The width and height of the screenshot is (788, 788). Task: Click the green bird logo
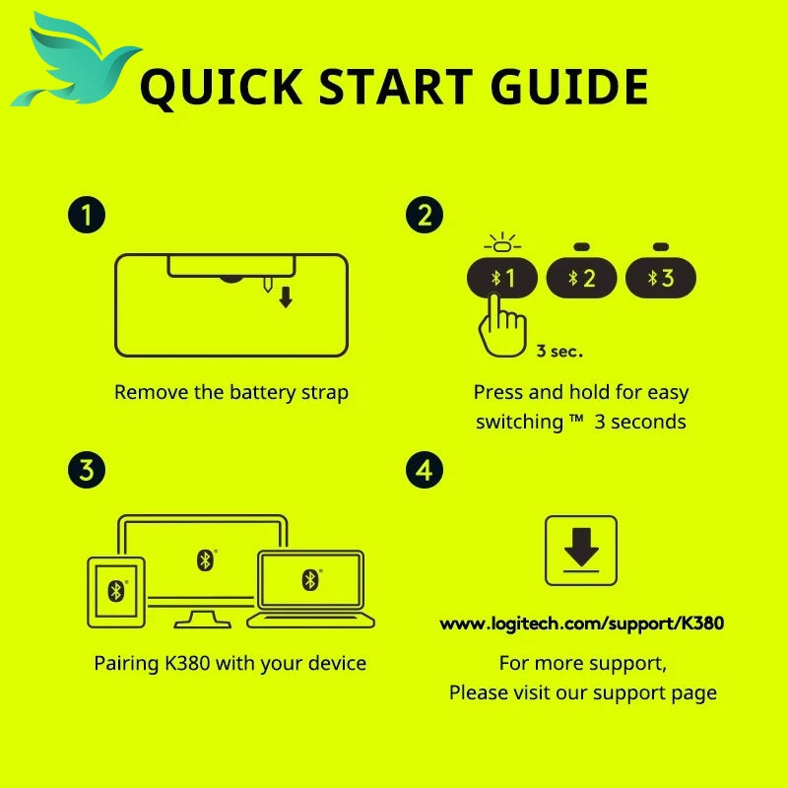[x=76, y=63]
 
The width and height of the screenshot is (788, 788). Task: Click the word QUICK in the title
[x=222, y=88]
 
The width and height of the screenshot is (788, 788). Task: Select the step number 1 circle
[x=87, y=215]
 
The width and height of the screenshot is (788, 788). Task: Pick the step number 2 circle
[x=425, y=215]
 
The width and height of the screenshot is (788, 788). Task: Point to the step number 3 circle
[x=87, y=471]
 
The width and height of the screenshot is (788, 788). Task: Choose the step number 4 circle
[x=425, y=471]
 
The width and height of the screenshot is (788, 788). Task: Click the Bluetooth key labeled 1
[x=502, y=278]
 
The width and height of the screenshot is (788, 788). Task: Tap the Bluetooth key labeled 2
[x=581, y=278]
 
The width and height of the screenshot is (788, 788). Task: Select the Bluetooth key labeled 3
[x=661, y=278]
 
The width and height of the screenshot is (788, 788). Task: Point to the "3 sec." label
[x=559, y=352]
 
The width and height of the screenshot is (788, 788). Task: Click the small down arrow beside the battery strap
[x=286, y=297]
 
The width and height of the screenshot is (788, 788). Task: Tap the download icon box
[x=581, y=551]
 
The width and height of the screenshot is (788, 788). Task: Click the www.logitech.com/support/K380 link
[x=581, y=624]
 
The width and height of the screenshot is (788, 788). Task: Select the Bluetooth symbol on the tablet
[x=116, y=591]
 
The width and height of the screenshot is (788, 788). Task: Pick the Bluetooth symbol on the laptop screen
[x=310, y=580]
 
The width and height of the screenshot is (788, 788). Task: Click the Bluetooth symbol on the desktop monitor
[x=205, y=560]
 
